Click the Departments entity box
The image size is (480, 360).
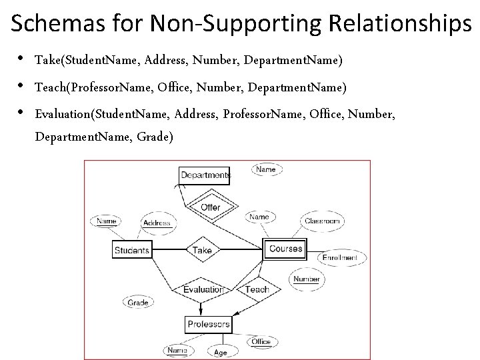pyautogui.click(x=205, y=175)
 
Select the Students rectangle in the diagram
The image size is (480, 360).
pyautogui.click(x=132, y=250)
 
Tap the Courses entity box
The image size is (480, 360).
pyautogui.click(x=285, y=249)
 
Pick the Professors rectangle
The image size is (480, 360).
pyautogui.click(x=208, y=325)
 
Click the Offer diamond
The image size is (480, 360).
pyautogui.click(x=210, y=207)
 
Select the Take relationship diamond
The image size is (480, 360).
pyautogui.click(x=201, y=250)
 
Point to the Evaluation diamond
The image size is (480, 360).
pyautogui.click(x=203, y=289)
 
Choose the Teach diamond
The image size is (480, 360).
pyautogui.click(x=257, y=289)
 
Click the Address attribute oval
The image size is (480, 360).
pyautogui.click(x=157, y=223)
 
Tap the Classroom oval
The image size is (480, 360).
pyautogui.click(x=322, y=221)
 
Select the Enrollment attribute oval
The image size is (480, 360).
pyautogui.click(x=343, y=257)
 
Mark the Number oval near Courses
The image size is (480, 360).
pyautogui.click(x=306, y=279)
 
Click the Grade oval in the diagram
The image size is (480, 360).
pyautogui.click(x=139, y=303)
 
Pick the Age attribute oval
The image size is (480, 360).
pyautogui.click(x=219, y=352)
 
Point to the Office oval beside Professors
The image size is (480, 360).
pyautogui.click(x=261, y=342)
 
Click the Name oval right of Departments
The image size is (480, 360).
pyautogui.click(x=265, y=169)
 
